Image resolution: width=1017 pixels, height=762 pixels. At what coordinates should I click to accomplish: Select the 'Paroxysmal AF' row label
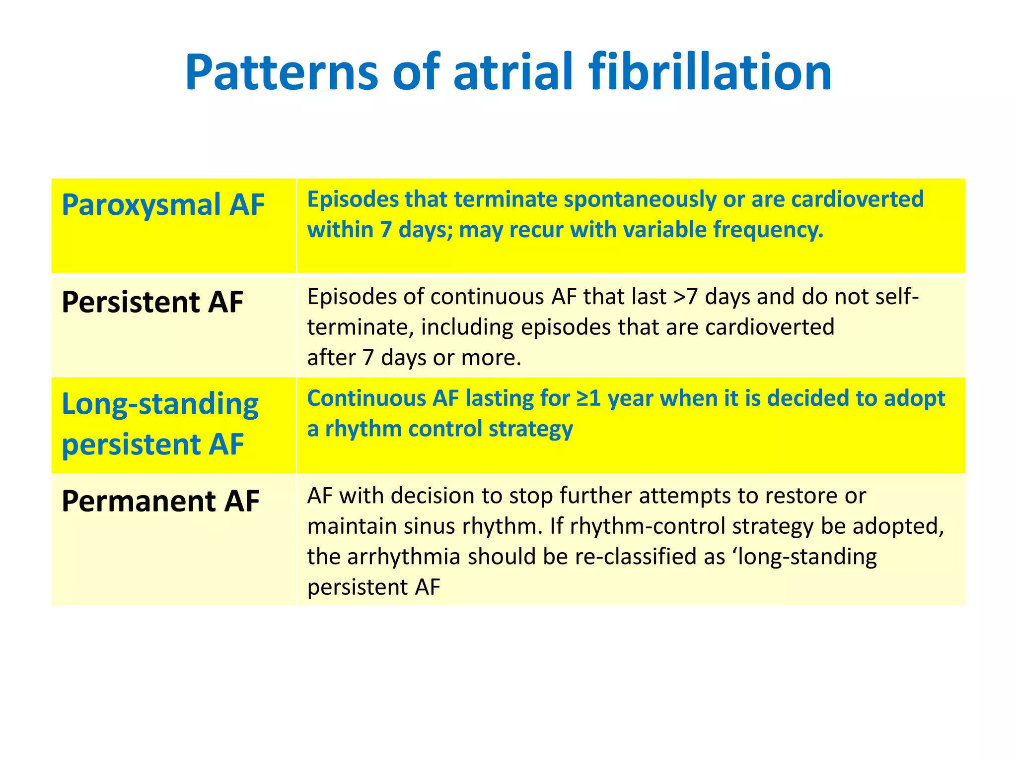[163, 205]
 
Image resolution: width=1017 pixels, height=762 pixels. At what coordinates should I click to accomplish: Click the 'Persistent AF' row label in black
[152, 302]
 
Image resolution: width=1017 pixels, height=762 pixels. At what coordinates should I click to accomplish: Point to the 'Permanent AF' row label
[160, 501]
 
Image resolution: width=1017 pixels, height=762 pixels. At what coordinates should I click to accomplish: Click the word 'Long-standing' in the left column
[160, 404]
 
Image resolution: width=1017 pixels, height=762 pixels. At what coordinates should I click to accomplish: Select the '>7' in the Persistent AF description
[686, 297]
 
